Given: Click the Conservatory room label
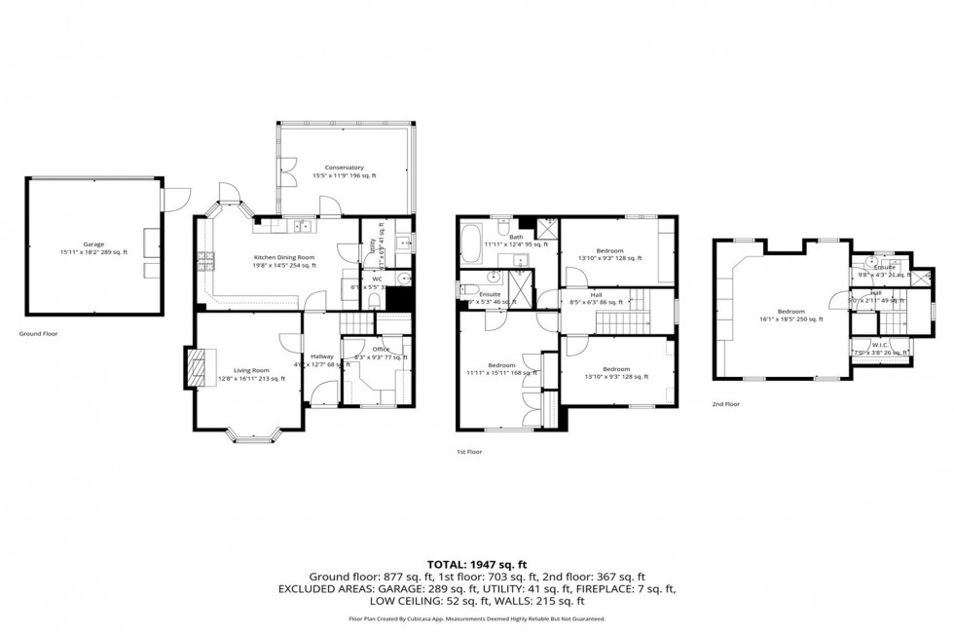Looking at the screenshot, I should [x=344, y=168].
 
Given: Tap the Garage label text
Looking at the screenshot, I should [x=93, y=244].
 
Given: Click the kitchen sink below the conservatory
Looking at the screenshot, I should [x=302, y=227].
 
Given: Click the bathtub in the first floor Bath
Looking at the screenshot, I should [x=469, y=243].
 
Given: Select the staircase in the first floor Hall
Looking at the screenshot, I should [x=638, y=310].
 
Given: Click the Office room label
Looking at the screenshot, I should [x=368, y=351].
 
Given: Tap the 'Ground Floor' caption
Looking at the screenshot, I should [x=40, y=333].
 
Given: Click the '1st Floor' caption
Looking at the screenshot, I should [x=469, y=452].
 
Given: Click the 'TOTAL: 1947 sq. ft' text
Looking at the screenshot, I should [x=476, y=564].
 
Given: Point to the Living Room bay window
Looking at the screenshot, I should [x=257, y=435].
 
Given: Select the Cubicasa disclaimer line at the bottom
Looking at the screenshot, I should [x=476, y=618].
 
